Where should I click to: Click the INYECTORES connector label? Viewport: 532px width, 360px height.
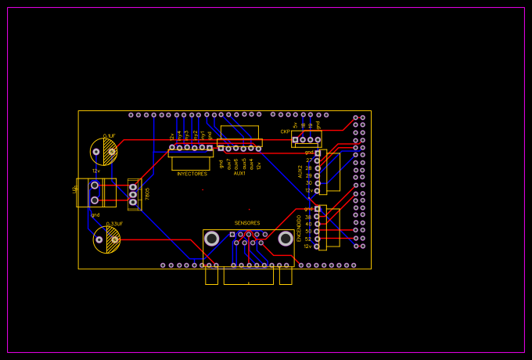tap(192, 174)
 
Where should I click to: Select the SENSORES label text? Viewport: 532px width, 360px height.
tap(247, 223)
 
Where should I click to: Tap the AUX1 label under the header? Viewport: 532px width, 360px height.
tap(239, 173)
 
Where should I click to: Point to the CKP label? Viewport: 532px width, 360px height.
tap(285, 131)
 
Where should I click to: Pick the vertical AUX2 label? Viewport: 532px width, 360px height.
tap(300, 171)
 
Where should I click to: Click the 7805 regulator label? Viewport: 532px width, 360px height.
tap(147, 193)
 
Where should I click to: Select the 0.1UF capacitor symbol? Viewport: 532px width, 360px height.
tap(104, 152)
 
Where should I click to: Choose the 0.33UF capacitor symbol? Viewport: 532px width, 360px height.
tap(107, 239)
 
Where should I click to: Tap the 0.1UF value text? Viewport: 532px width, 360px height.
tap(110, 135)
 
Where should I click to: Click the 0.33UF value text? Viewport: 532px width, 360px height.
tap(113, 224)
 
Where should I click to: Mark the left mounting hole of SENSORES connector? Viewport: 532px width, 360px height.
tap(212, 238)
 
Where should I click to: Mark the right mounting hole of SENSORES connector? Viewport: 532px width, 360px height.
tap(286, 238)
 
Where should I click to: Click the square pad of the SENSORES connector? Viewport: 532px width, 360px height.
tap(232, 234)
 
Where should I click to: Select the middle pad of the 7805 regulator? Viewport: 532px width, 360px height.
tap(133, 194)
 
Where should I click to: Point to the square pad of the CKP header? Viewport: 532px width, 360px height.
tap(295, 139)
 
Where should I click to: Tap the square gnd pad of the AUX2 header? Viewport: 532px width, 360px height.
tap(318, 153)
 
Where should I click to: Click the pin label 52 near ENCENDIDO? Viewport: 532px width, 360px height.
tap(308, 239)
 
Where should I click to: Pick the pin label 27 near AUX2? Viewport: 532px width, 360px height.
tap(308, 160)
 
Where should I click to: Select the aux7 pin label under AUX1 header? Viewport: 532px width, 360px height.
tap(228, 164)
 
